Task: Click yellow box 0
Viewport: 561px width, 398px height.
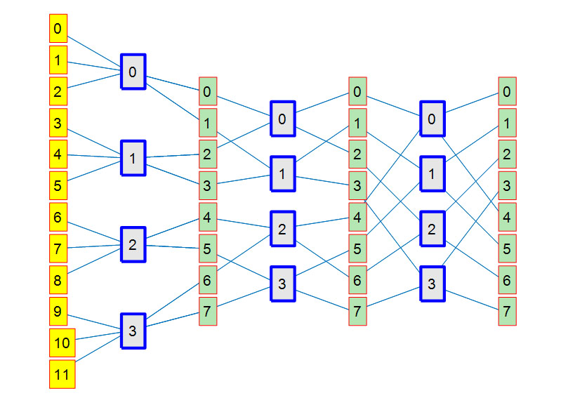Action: pyautogui.click(x=58, y=29)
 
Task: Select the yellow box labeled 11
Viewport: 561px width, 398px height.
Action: pyautogui.click(x=62, y=374)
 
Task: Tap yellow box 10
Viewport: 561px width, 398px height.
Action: pyautogui.click(x=62, y=343)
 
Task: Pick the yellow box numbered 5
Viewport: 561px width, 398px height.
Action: pyautogui.click(x=58, y=186)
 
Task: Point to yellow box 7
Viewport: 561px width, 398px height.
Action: pyautogui.click(x=58, y=248)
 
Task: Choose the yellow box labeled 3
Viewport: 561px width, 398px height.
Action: pyautogui.click(x=58, y=123)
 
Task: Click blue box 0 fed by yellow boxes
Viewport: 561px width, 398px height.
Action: pyautogui.click(x=133, y=72)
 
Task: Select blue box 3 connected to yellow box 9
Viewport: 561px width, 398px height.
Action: pyautogui.click(x=133, y=330)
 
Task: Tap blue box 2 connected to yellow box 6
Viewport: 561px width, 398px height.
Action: pyautogui.click(x=133, y=244)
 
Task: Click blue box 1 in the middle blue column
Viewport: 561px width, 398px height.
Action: pyautogui.click(x=282, y=173)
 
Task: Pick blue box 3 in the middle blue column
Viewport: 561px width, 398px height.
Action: pyautogui.click(x=282, y=284)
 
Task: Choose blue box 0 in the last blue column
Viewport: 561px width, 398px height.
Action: pyautogui.click(x=433, y=119)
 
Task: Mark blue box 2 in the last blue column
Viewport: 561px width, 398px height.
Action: pyautogui.click(x=433, y=229)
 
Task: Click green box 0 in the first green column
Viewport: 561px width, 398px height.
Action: pyautogui.click(x=207, y=91)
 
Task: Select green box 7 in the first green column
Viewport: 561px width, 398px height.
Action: pyautogui.click(x=207, y=311)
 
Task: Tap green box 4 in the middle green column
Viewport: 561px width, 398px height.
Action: pyautogui.click(x=357, y=217)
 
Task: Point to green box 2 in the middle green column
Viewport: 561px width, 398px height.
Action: pyautogui.click(x=357, y=154)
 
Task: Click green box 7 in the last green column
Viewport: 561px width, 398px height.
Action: pyautogui.click(x=507, y=311)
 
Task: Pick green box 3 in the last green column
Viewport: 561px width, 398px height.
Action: pyautogui.click(x=507, y=185)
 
